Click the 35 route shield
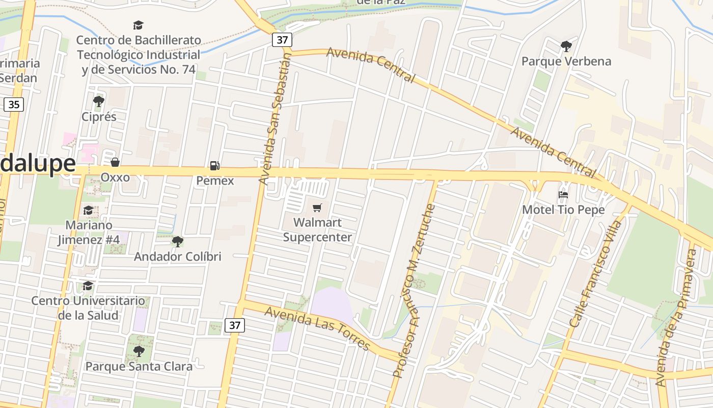[x=13, y=105]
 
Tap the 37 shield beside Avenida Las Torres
[x=235, y=325]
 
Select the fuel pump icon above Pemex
[x=215, y=165]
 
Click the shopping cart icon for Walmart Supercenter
[x=317, y=208]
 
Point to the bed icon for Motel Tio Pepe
[x=563, y=194]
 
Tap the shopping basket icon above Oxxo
[x=115, y=162]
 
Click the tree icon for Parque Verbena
[x=566, y=46]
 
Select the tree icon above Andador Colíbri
[x=177, y=241]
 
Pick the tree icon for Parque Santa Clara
[x=139, y=351]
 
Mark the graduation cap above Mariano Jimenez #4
[x=88, y=210]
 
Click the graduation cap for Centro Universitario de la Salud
[x=88, y=286]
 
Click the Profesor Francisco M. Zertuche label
[x=414, y=291]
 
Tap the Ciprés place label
[x=99, y=117]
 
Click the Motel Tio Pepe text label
[x=563, y=210]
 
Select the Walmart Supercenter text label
[x=317, y=230]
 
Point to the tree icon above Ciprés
[x=99, y=101]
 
